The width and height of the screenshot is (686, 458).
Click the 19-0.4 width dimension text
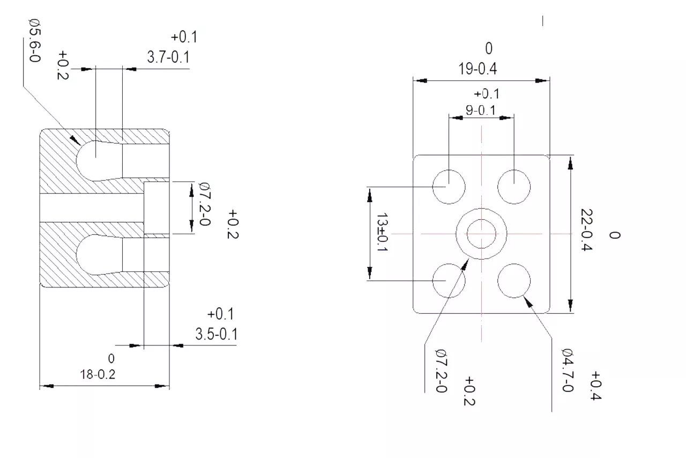click(x=478, y=69)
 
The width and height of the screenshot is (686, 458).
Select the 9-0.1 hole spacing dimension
click(x=481, y=110)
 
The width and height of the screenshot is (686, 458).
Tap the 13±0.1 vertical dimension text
click(x=382, y=232)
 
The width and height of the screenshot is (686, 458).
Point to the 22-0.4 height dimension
click(x=586, y=230)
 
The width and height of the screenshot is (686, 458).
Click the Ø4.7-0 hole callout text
click(x=568, y=371)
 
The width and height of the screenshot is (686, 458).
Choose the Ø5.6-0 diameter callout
click(x=35, y=40)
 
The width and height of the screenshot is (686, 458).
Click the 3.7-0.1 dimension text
click(x=168, y=57)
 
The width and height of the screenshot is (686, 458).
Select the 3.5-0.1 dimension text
click(x=217, y=334)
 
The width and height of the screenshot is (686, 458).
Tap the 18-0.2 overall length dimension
click(x=98, y=374)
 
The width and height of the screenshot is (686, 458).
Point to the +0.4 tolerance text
click(x=595, y=386)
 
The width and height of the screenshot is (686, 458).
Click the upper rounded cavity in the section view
click(x=77, y=161)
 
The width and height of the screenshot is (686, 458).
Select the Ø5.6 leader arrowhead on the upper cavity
click(x=74, y=140)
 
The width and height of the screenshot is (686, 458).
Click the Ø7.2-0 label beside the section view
click(x=205, y=204)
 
